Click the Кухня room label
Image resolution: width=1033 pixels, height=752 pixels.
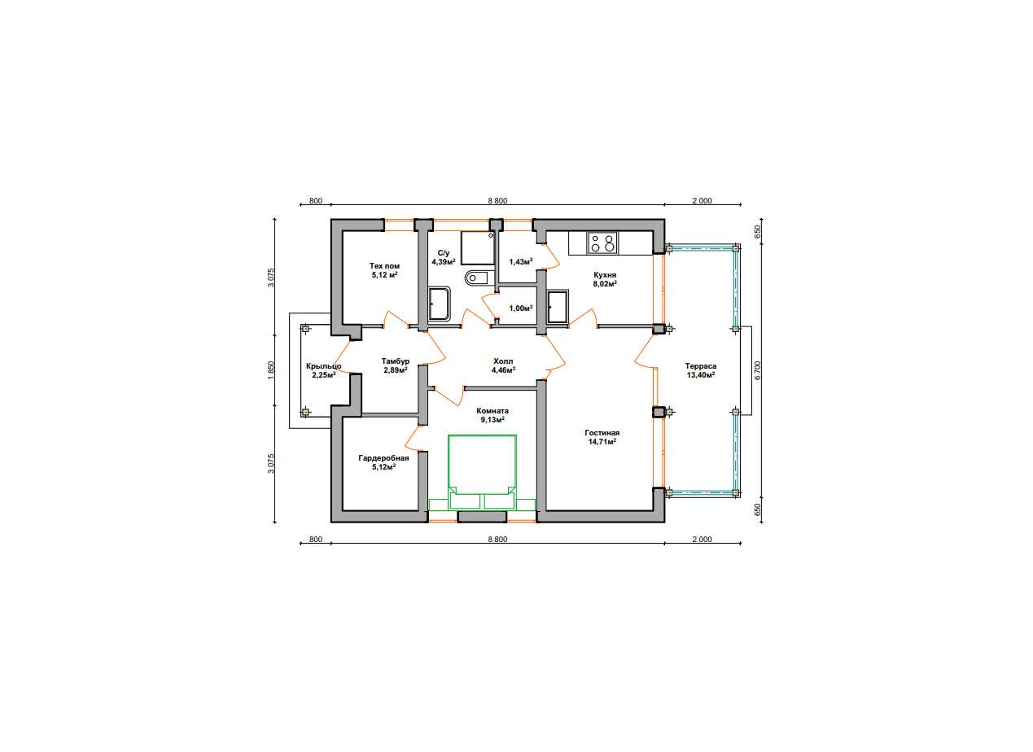(x=605, y=275)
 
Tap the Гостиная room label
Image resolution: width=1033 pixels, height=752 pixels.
(x=602, y=433)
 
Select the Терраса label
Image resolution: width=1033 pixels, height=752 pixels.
(x=701, y=366)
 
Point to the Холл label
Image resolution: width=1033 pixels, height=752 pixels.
(x=503, y=361)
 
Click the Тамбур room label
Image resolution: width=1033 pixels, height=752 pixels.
(x=396, y=361)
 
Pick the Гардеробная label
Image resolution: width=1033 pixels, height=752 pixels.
(x=383, y=458)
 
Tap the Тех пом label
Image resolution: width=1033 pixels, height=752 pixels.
(x=384, y=266)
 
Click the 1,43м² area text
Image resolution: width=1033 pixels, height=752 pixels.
(x=521, y=262)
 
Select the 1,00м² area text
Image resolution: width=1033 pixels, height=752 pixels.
(x=521, y=308)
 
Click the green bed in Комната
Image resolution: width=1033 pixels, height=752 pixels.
(x=482, y=473)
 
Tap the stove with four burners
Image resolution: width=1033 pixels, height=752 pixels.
(x=602, y=243)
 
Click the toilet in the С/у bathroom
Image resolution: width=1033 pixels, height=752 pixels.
(x=476, y=278)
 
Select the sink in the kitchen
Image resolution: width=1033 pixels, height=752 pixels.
(x=557, y=306)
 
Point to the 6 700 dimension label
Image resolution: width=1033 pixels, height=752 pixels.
(x=758, y=370)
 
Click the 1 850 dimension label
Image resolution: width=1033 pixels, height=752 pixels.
(x=271, y=370)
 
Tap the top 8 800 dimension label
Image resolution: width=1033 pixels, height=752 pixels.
(x=497, y=200)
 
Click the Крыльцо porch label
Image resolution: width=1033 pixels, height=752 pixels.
(x=324, y=366)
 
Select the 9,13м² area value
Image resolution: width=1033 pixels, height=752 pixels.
(x=492, y=420)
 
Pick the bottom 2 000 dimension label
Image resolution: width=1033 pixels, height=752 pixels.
(x=702, y=539)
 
